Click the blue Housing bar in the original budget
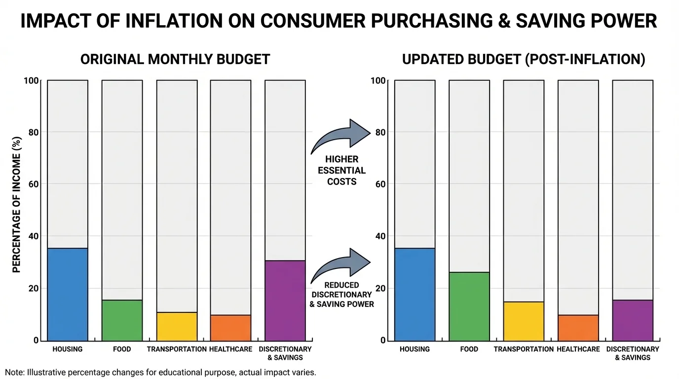tap(68, 294)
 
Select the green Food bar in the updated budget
tap(469, 306)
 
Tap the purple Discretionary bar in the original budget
tap(285, 300)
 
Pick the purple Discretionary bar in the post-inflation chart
tap(633, 320)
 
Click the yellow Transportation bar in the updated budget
tap(524, 321)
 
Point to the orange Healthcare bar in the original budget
tap(230, 327)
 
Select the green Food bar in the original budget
tap(122, 320)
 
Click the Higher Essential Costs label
tap(341, 170)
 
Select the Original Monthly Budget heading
tap(175, 60)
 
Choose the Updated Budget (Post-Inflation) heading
tap(524, 60)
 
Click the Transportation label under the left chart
tap(176, 349)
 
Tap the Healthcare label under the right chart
tap(578, 349)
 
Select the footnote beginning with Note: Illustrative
tap(160, 372)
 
